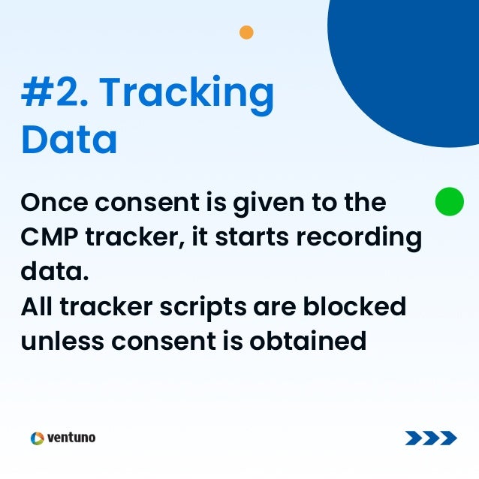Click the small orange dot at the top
[246, 32]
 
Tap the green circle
[450, 201]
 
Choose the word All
[38, 306]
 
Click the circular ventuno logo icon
[38, 438]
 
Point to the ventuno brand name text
[71, 438]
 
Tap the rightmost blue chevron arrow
[448, 438]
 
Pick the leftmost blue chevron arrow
[413, 438]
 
